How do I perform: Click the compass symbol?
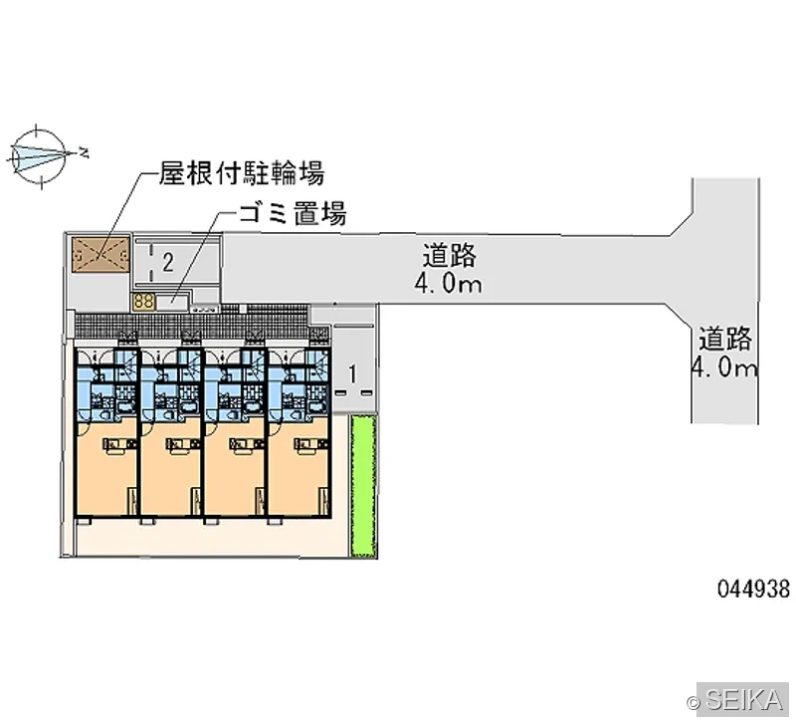(x=39, y=155)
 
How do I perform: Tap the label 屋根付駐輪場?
(x=242, y=173)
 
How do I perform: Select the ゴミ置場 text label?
(x=293, y=213)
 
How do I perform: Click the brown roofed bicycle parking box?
(x=100, y=255)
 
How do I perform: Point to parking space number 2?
(x=168, y=263)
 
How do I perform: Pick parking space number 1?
(x=353, y=374)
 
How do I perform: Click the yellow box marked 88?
(x=143, y=302)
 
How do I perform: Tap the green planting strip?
(x=363, y=485)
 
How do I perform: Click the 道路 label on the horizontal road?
(x=450, y=256)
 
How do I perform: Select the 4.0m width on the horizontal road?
(x=449, y=284)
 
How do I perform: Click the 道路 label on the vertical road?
(x=725, y=339)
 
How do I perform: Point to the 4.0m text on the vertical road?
(x=724, y=366)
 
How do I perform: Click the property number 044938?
(x=754, y=589)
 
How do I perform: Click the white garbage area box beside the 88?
(x=172, y=302)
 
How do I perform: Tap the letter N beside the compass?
(x=83, y=151)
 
